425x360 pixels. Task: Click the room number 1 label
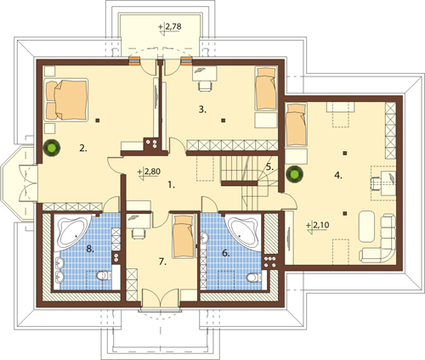point(171,185)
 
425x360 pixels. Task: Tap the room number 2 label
point(83,148)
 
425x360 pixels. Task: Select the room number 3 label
point(202,110)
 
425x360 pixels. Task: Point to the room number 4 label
point(338,176)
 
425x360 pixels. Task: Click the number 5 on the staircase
point(270,166)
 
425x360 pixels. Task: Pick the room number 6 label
point(225,253)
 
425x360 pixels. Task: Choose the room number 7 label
point(162,262)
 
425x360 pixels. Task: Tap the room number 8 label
point(90,249)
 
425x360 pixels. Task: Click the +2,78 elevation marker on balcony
point(170,28)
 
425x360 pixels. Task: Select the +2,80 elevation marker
point(149,173)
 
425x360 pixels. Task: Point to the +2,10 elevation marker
point(318,227)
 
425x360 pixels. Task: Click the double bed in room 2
point(66,99)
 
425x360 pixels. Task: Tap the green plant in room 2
point(52,148)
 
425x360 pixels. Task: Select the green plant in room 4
point(295,173)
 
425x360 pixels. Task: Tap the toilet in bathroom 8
point(104,275)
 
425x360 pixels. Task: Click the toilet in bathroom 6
point(254,278)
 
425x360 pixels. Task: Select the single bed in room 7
point(184,236)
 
